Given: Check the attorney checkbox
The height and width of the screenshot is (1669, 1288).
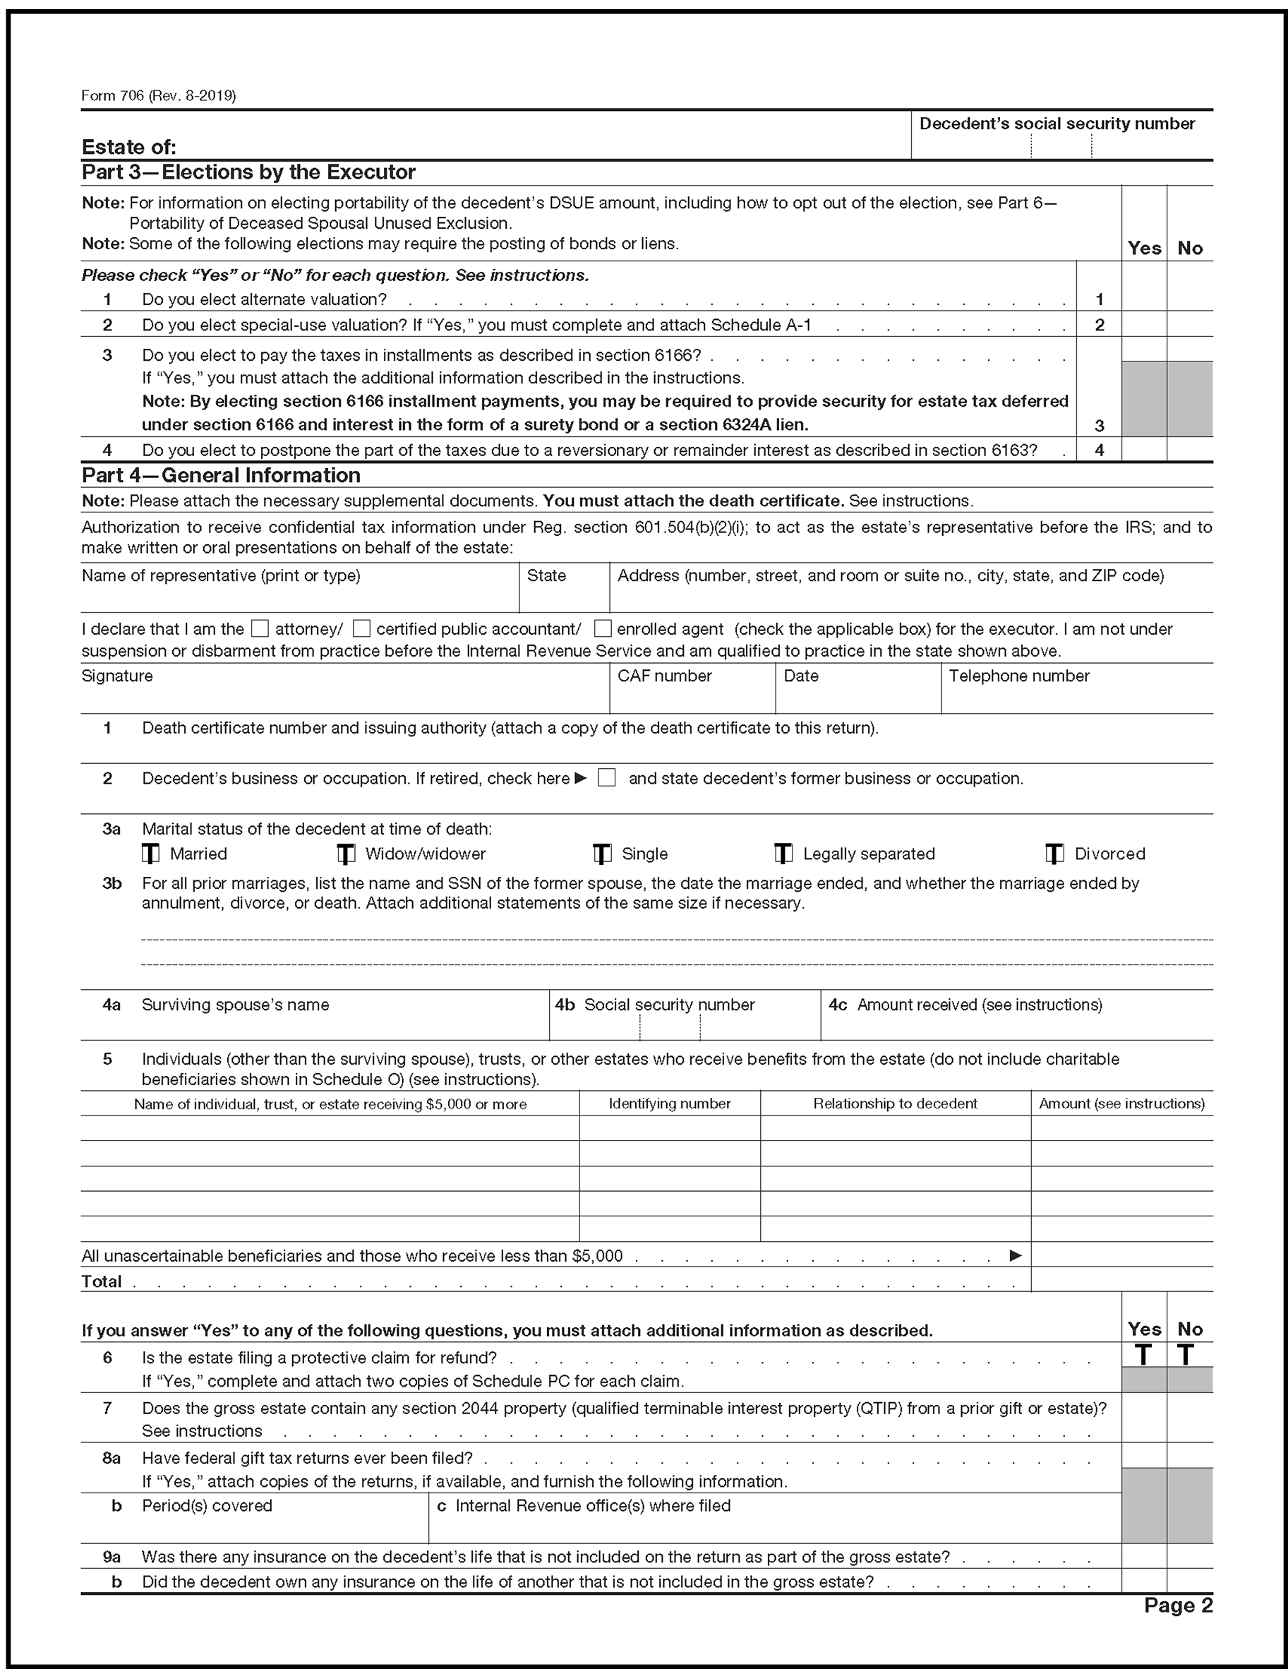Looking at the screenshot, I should (x=260, y=629).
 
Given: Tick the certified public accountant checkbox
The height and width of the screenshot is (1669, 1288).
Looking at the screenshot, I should (x=362, y=629).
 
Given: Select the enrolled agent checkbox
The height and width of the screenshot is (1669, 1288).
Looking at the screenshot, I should (x=603, y=629).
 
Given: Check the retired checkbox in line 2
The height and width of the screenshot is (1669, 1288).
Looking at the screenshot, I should (x=606, y=778).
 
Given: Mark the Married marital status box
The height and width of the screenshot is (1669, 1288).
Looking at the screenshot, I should (x=151, y=854).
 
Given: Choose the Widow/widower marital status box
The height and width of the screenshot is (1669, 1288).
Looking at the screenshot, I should (x=347, y=854).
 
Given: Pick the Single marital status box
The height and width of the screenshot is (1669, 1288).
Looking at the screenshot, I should (x=603, y=854).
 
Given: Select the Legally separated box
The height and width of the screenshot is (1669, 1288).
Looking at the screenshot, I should (x=784, y=854).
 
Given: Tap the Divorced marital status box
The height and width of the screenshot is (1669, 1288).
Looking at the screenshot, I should (x=1055, y=854).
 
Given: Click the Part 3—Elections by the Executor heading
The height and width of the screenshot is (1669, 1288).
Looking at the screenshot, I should (x=248, y=173).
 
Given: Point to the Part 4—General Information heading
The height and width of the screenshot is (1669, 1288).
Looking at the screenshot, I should (x=221, y=475).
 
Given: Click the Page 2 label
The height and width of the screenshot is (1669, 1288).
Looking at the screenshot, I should (x=1178, y=1605).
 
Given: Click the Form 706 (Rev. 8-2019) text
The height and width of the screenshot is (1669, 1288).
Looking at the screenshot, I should (x=158, y=95).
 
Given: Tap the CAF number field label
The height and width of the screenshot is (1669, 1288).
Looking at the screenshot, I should (x=665, y=676).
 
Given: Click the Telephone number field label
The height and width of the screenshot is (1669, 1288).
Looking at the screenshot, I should (x=1019, y=676).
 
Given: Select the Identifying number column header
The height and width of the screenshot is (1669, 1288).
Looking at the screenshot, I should (x=669, y=1103).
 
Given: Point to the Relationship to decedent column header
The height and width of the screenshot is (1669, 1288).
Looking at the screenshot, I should (x=895, y=1103).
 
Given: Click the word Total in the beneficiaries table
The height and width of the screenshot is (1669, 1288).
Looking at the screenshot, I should (x=102, y=1281).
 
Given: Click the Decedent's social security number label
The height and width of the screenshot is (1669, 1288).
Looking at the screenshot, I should (x=1057, y=124).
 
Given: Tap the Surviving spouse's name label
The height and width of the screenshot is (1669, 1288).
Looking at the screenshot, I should (x=235, y=1005).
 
